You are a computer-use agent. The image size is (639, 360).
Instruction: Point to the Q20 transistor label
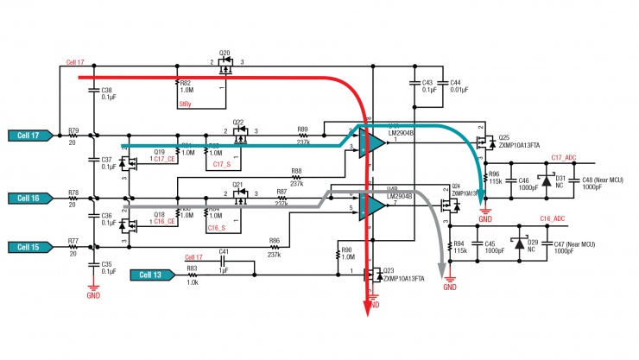tap(225, 54)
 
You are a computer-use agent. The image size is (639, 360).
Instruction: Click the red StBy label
tap(186, 104)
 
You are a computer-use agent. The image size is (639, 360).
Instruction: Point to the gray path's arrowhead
tap(449, 275)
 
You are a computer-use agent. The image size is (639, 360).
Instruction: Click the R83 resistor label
tap(192, 269)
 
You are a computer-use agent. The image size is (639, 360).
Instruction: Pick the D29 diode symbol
tap(519, 244)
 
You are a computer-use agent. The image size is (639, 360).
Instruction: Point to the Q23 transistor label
tap(388, 270)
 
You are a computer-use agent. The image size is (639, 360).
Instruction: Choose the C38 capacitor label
tap(107, 90)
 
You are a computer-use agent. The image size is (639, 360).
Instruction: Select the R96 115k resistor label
tap(495, 176)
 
